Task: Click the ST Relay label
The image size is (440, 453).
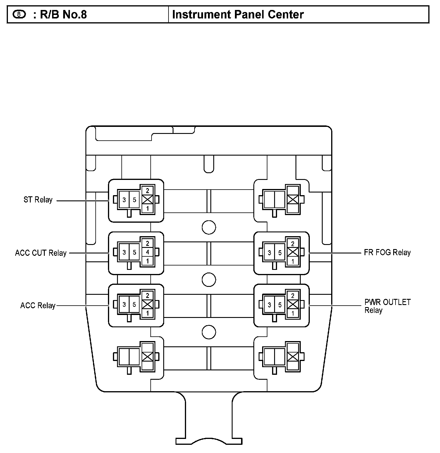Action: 38,200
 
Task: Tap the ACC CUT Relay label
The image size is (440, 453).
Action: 41,253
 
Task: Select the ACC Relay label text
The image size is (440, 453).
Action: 38,306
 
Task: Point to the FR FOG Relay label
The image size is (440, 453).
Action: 387,252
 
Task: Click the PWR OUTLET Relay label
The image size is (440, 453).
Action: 387,306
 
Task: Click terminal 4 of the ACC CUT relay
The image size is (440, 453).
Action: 147,252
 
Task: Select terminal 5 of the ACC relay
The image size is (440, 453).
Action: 134,305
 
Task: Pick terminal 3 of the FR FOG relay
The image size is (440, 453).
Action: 269,253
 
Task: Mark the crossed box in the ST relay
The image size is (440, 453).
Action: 147,200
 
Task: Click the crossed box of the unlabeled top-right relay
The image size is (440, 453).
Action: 293,200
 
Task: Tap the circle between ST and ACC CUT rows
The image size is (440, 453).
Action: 209,227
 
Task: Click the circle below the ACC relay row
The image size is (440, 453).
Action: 209,332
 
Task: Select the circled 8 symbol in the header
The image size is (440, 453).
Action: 19,14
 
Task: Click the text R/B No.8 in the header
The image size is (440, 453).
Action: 63,14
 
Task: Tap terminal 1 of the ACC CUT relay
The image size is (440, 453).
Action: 147,261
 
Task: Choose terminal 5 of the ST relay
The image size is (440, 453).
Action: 135,200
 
